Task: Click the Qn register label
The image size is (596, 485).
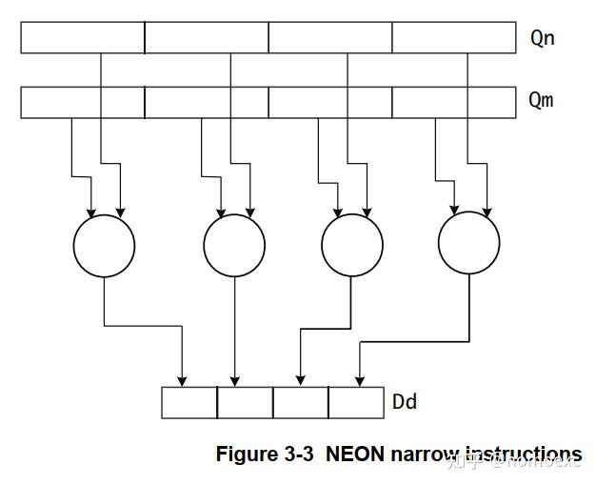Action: (x=542, y=39)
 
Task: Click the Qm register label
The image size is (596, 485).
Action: (x=541, y=100)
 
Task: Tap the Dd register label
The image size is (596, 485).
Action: (x=405, y=402)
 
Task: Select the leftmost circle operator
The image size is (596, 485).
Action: (x=104, y=246)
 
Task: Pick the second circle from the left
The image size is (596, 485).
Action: (x=234, y=246)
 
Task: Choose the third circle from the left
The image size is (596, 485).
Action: (x=352, y=246)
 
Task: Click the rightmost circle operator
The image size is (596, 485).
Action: (x=469, y=246)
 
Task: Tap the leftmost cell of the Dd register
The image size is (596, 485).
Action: (x=189, y=402)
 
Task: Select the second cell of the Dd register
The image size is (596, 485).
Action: (x=245, y=402)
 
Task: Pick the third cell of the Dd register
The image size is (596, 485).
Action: (x=301, y=402)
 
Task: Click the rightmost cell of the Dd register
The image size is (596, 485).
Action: (x=356, y=402)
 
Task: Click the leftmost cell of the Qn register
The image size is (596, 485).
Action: (x=83, y=37)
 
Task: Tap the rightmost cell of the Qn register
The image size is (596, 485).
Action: (x=454, y=37)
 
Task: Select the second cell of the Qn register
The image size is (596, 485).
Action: (x=207, y=37)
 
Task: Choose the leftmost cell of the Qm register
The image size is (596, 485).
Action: (x=83, y=102)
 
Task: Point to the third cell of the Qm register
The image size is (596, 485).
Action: (x=330, y=102)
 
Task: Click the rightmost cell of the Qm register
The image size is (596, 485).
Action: (x=454, y=102)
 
